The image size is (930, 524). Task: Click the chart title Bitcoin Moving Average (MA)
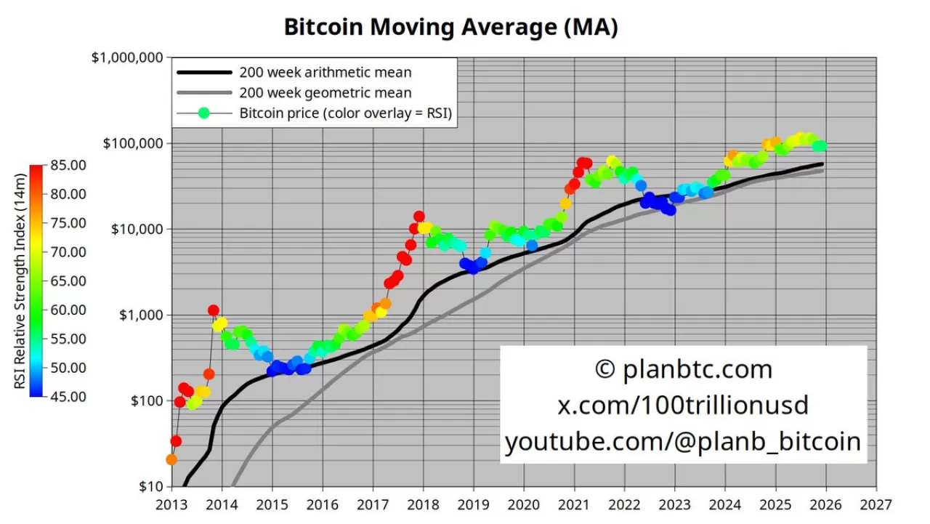(450, 27)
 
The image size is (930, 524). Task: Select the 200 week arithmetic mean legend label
(325, 73)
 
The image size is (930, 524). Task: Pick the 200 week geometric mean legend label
(325, 93)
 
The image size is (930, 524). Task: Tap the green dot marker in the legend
(204, 113)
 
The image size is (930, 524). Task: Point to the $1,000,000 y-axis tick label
(127, 57)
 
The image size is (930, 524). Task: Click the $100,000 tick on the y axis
(132, 143)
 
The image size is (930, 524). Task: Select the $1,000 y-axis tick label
(139, 315)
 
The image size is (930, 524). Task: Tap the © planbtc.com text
(683, 369)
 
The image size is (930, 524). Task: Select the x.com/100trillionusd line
(683, 405)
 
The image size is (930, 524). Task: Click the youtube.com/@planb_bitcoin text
(683, 441)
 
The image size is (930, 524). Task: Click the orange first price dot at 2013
(171, 459)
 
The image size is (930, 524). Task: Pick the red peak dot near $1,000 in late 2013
(213, 310)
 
